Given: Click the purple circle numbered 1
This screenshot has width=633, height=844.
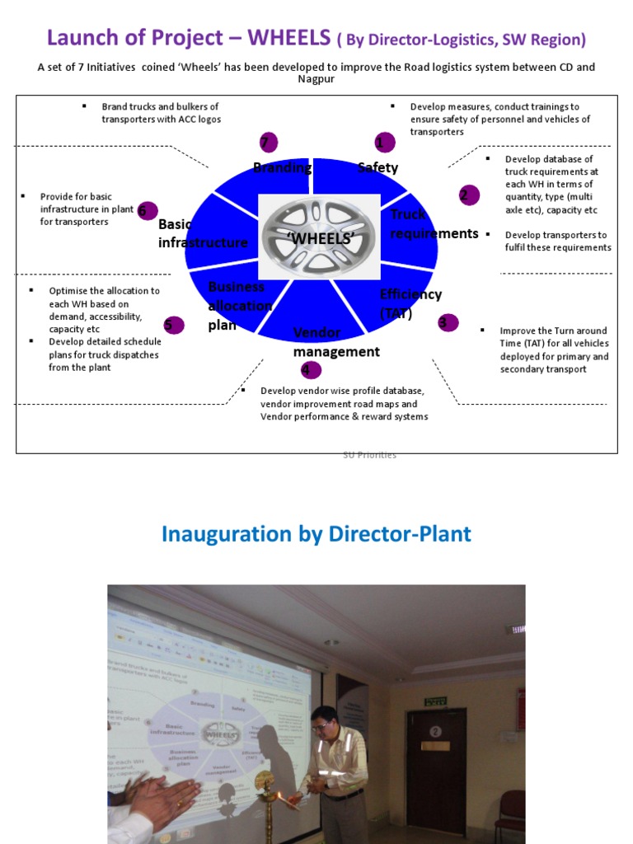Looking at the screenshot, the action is [x=380, y=143].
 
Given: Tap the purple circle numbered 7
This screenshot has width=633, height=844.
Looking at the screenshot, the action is [x=266, y=142].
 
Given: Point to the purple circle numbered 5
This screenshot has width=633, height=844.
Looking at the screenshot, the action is [x=171, y=324].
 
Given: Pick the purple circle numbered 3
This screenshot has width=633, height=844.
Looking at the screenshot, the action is [x=448, y=322].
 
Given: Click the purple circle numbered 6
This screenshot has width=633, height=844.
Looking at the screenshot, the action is [x=147, y=210].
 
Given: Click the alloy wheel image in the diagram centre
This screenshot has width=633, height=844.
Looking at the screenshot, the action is [x=318, y=237].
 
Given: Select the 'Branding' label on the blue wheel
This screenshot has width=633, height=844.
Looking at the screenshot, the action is [x=282, y=168].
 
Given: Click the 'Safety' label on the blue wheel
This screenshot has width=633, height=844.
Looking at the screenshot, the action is [x=377, y=168].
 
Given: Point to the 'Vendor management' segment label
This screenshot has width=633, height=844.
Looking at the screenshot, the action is [x=335, y=342].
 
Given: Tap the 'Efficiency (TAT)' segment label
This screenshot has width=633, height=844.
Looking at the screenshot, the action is [x=410, y=303].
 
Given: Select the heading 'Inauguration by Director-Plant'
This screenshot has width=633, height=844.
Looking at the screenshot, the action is [x=316, y=534].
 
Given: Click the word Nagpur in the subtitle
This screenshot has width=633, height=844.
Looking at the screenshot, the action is [x=316, y=79].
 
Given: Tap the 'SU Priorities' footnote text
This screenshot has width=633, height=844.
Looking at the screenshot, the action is [x=369, y=455].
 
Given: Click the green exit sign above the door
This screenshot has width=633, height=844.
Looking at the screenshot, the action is [x=434, y=701].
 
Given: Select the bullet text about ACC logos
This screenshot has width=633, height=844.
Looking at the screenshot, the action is [x=161, y=112].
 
